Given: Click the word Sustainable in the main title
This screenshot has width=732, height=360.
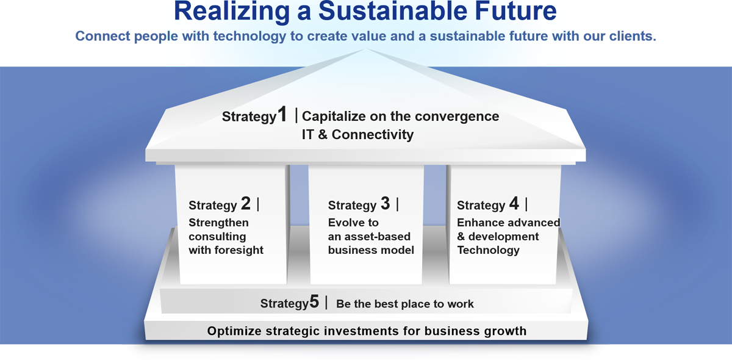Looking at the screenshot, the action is (393, 11).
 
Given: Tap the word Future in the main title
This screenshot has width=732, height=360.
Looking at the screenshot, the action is (515, 11).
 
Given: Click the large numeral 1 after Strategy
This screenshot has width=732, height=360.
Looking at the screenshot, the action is (282, 115).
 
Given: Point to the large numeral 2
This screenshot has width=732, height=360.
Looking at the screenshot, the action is (246, 203).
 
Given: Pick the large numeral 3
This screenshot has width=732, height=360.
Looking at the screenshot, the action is (386, 203).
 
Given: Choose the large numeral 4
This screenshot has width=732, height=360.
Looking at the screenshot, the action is (514, 203).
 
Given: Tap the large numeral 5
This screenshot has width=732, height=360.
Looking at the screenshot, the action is (314, 301).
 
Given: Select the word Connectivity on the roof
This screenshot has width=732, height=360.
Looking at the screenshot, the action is (373, 135).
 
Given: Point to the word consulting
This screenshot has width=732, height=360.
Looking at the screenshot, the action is (217, 236).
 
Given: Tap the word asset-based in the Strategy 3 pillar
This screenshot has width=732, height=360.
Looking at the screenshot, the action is (378, 236).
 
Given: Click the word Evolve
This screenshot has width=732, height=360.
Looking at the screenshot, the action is (345, 223).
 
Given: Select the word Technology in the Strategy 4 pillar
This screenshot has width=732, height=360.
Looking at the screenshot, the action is (488, 250).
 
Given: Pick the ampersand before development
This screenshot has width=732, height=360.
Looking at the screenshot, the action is (461, 236).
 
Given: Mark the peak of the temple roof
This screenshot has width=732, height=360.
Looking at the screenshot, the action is (365, 48).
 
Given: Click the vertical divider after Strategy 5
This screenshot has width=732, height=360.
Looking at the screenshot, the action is (326, 302).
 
